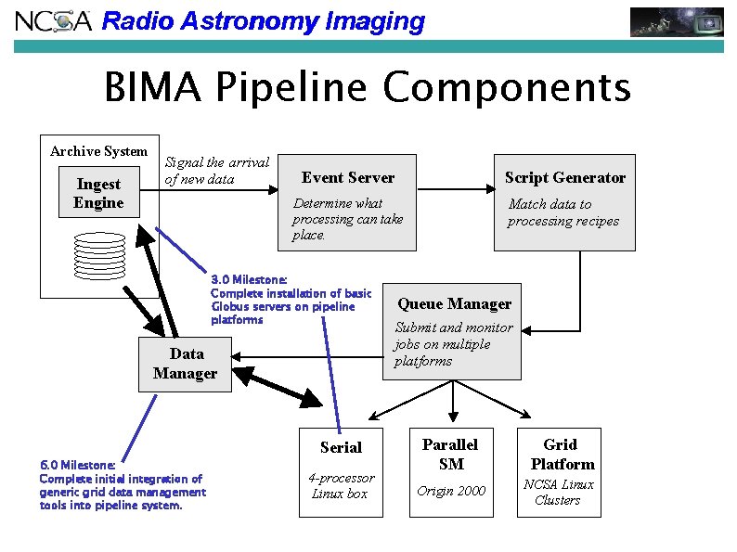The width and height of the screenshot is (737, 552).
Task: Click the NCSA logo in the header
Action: [54, 20]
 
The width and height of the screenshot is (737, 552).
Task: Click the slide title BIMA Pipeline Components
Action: [368, 89]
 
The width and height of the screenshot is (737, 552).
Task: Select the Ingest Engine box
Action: [98, 193]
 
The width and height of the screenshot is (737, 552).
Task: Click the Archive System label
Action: [98, 151]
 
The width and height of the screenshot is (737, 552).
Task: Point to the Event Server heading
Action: [348, 178]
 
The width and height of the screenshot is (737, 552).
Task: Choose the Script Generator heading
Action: [564, 177]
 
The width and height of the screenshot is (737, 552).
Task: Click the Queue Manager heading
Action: [454, 303]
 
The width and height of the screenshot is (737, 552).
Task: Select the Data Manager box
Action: [185, 363]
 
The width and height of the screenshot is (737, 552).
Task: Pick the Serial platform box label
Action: [341, 447]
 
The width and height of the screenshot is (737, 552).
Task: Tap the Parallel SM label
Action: [450, 454]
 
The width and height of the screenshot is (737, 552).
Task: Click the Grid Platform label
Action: [561, 454]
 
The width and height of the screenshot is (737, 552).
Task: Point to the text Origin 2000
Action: [451, 491]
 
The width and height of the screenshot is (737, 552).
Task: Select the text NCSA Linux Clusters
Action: [558, 492]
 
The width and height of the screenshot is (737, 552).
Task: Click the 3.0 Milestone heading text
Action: [249, 279]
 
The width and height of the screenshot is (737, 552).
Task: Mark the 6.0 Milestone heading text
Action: [78, 465]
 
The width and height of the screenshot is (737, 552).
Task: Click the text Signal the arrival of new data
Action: [216, 170]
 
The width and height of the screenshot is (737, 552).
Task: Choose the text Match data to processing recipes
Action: [562, 212]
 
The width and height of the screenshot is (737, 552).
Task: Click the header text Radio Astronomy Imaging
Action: [263, 21]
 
